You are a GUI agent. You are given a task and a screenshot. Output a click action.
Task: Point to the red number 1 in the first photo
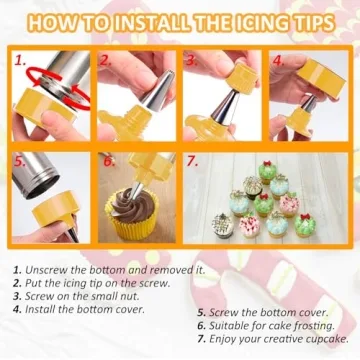click(20, 61)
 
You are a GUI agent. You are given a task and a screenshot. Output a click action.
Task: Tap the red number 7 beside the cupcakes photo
click(192, 160)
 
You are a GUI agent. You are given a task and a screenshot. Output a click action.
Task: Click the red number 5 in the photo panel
click(20, 160)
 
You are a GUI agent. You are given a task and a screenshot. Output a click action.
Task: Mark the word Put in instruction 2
click(36, 284)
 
